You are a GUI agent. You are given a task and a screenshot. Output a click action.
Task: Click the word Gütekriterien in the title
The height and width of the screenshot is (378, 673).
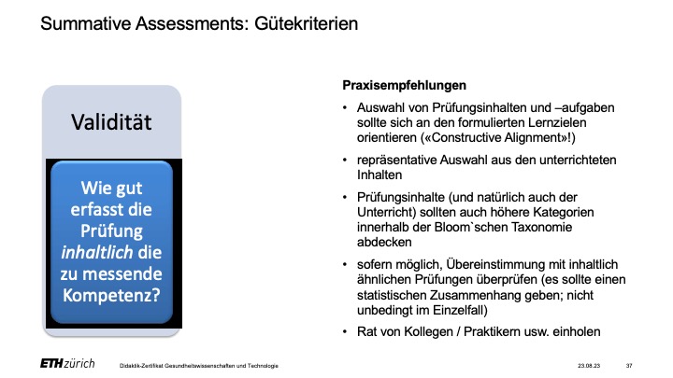pyautogui.click(x=306, y=23)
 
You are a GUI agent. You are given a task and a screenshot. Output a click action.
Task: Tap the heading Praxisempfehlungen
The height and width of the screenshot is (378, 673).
pyautogui.click(x=405, y=86)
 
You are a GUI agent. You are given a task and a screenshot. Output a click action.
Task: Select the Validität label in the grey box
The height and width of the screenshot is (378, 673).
pyautogui.click(x=111, y=122)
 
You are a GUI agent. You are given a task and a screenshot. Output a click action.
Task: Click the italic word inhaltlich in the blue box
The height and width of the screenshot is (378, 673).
pyautogui.click(x=96, y=252)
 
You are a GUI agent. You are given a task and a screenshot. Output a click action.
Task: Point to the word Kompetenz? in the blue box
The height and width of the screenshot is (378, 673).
pyautogui.click(x=111, y=295)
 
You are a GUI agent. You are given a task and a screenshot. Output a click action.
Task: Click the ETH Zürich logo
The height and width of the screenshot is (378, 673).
pyautogui.click(x=67, y=364)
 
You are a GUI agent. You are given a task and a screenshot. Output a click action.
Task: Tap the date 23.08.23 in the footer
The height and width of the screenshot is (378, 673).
pyautogui.click(x=589, y=366)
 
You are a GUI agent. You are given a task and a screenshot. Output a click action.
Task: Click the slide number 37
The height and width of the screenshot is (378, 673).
pyautogui.click(x=629, y=366)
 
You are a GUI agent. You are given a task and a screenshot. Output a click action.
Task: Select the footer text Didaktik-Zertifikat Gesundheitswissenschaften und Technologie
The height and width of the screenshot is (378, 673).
pyautogui.click(x=199, y=366)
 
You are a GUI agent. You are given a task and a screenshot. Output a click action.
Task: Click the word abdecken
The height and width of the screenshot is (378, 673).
pyautogui.click(x=384, y=242)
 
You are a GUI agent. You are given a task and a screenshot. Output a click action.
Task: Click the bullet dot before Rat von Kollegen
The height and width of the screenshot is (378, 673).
pyautogui.click(x=345, y=331)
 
